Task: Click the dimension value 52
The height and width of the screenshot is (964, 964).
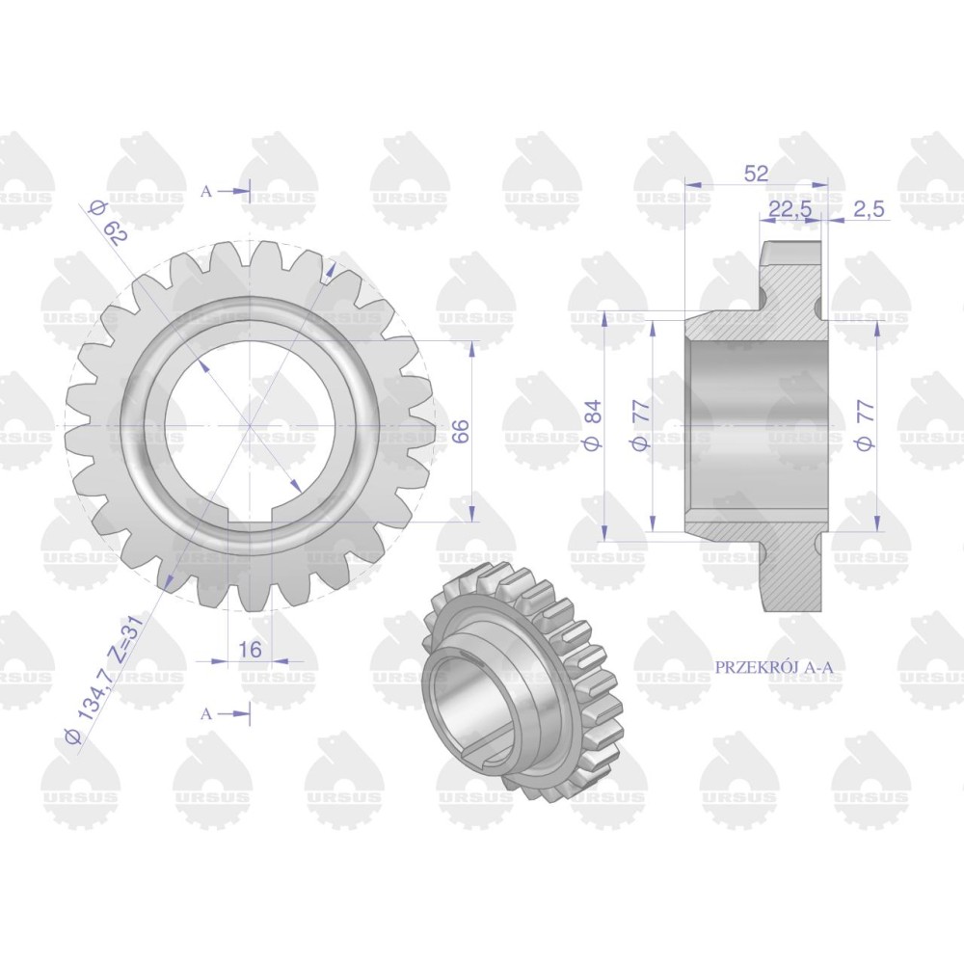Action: [x=756, y=174]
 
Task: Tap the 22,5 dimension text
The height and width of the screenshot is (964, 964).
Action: [x=790, y=209]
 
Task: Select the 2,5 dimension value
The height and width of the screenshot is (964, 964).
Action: [x=869, y=209]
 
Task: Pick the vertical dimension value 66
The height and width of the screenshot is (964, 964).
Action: [x=462, y=430]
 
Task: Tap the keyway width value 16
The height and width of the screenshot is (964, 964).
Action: [x=250, y=649]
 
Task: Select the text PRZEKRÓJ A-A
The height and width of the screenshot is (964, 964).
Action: [x=777, y=667]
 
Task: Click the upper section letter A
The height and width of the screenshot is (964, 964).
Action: [x=206, y=191]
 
